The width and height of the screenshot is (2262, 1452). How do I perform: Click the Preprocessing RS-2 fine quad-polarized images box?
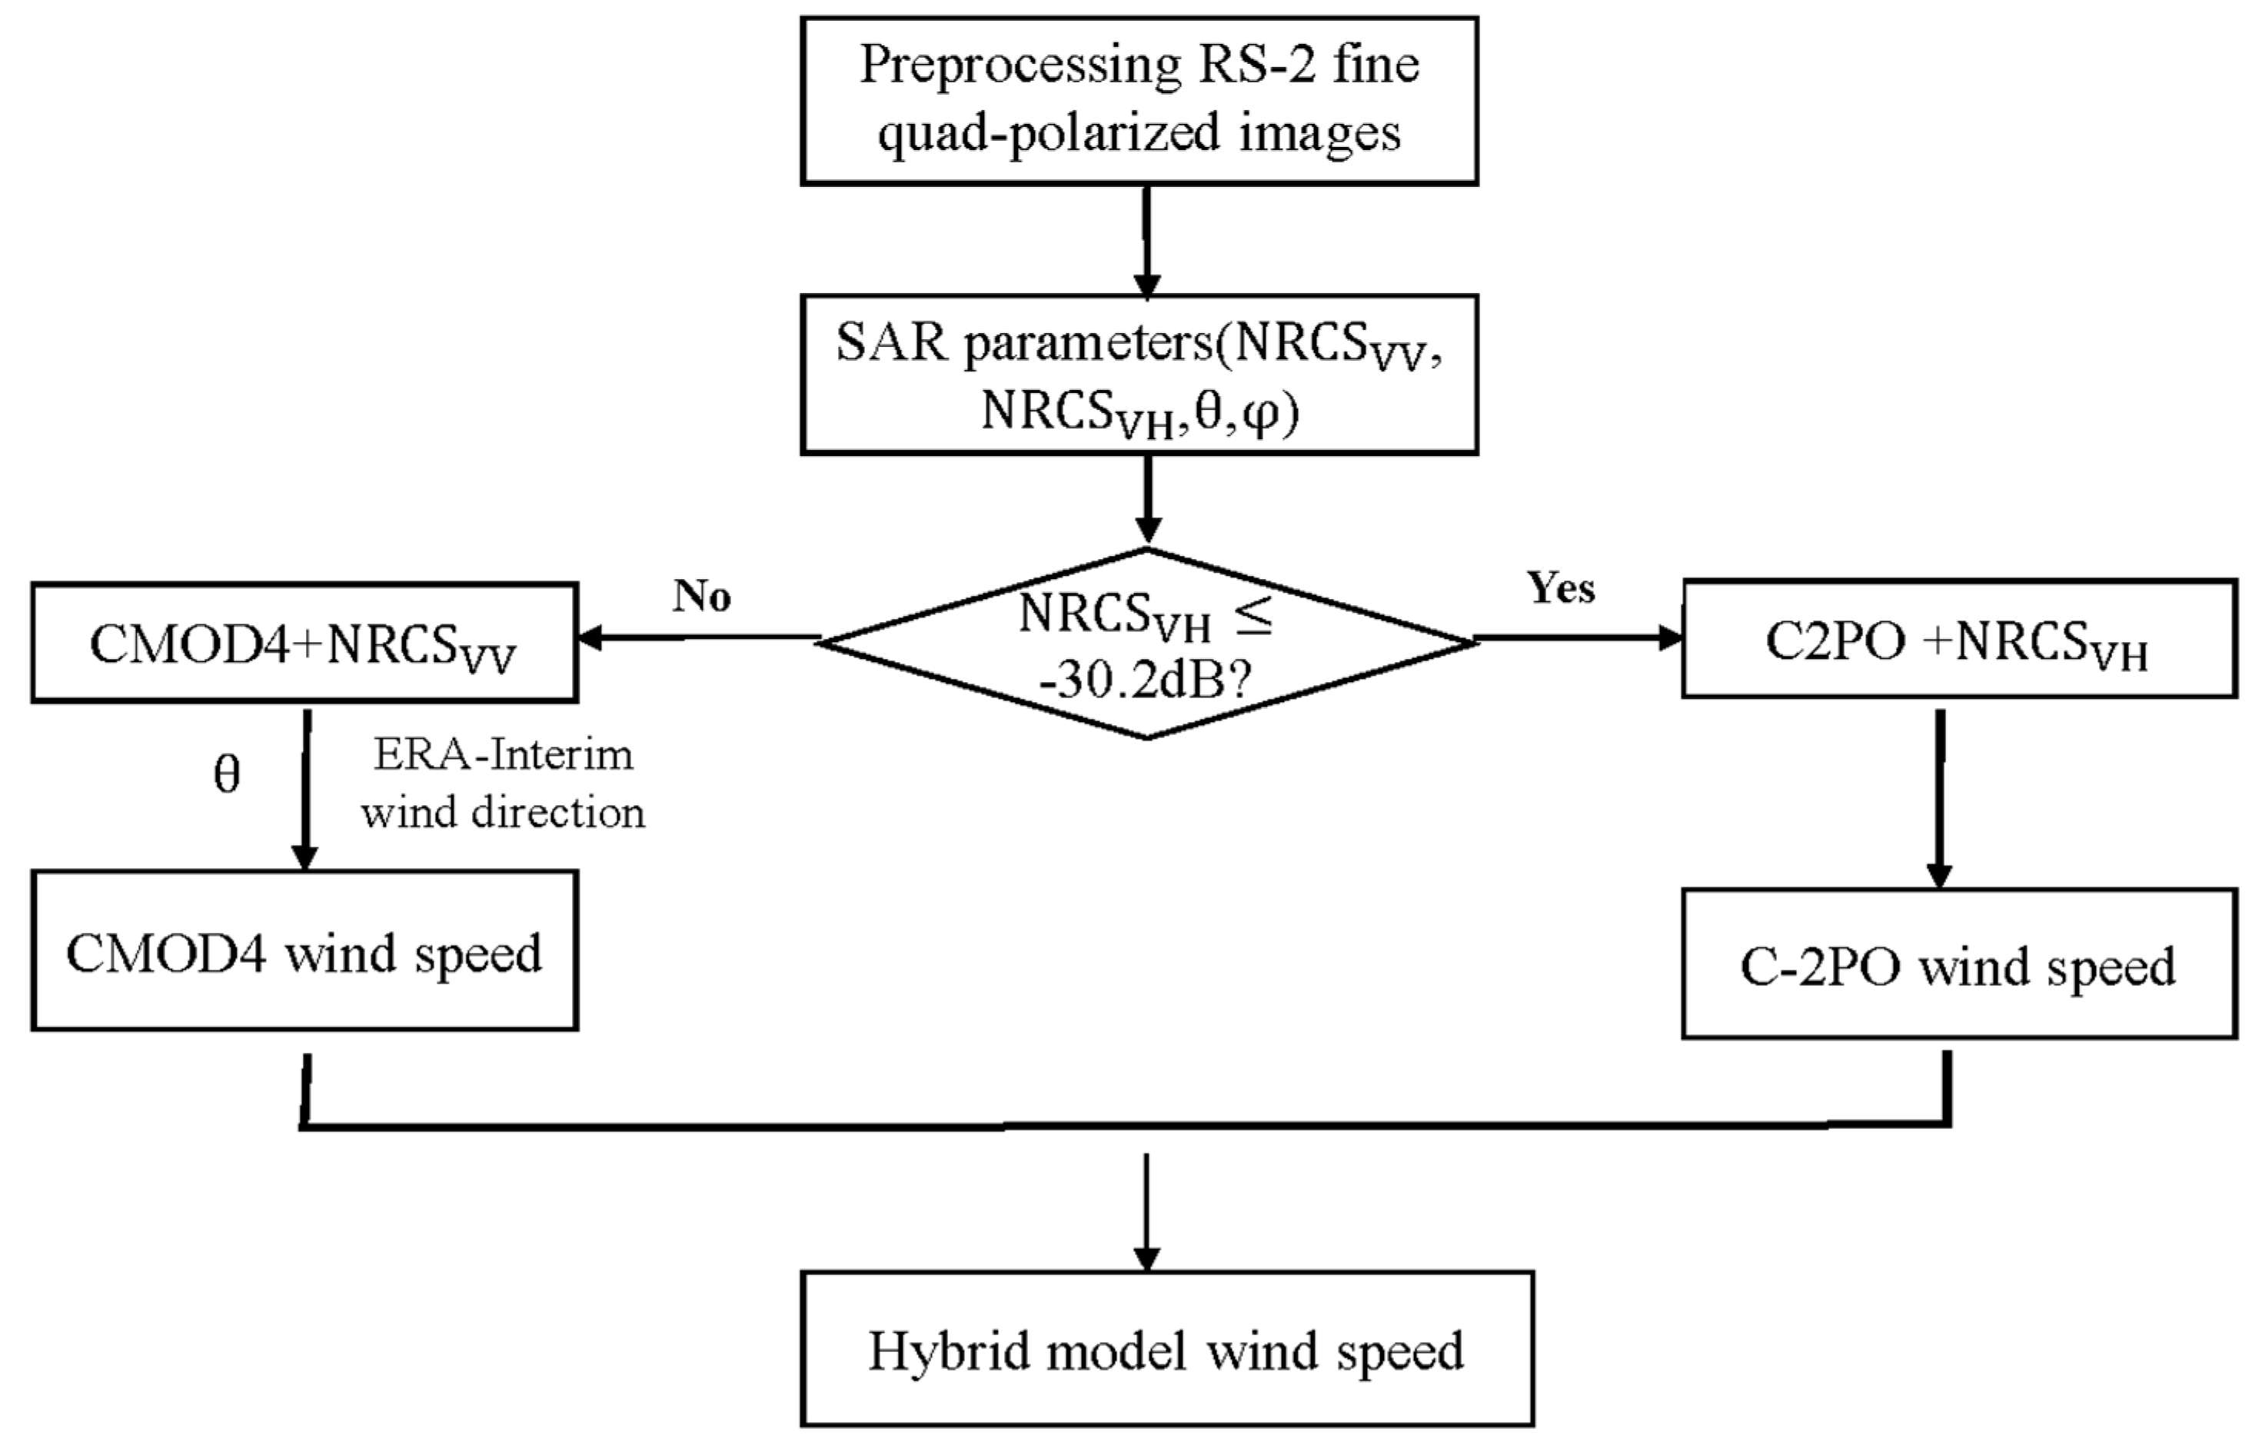pos(1139,100)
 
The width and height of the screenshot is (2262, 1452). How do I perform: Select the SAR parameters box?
pos(1139,375)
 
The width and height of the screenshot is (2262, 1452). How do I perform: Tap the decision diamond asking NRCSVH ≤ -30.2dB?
pos(1146,643)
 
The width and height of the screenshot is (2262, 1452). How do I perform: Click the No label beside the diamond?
pos(701,596)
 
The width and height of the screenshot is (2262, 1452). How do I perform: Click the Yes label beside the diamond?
pos(1561,588)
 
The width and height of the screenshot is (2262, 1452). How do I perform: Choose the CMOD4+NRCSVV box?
pos(304,643)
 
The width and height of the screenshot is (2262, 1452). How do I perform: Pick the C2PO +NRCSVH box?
pos(1958,639)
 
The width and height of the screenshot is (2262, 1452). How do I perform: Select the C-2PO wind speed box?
pos(1958,964)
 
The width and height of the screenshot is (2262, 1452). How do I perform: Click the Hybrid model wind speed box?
pos(1167,1348)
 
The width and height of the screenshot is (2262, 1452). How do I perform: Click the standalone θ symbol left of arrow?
pos(227,775)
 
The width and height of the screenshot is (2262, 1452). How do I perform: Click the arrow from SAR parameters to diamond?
pos(1146,500)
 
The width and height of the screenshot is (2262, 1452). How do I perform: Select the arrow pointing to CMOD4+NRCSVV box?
pos(697,638)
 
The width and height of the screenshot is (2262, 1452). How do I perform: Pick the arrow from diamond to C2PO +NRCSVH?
pos(1578,638)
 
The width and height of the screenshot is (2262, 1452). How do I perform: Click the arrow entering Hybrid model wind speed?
pos(1146,1211)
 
